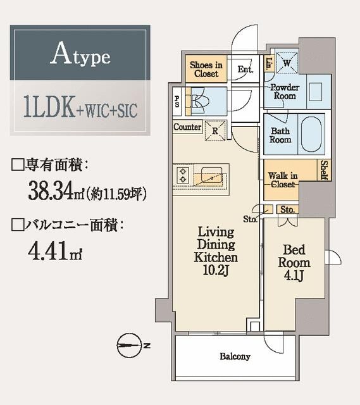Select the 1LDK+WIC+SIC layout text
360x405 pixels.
(x=80, y=108)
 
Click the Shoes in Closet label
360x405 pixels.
(x=206, y=69)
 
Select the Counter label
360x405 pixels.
(x=188, y=127)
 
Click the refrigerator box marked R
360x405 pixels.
(x=216, y=131)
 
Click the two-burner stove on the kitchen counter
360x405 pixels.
(x=184, y=175)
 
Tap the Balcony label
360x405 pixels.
(x=235, y=356)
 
